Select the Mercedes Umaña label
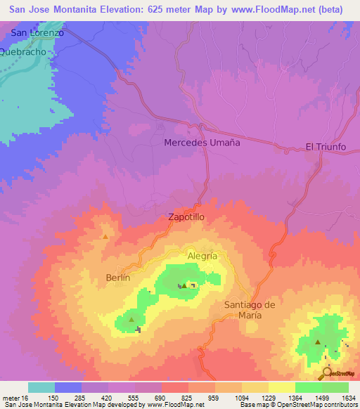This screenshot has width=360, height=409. click(x=202, y=143)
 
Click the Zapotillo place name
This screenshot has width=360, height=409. click(x=186, y=218)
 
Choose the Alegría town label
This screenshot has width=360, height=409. click(x=202, y=257)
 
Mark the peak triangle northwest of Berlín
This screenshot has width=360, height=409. click(x=105, y=237)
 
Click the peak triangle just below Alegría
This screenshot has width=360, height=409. click(x=184, y=285)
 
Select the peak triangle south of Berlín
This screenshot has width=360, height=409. click(x=131, y=320)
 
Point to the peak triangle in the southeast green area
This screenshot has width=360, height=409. click(x=318, y=343)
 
